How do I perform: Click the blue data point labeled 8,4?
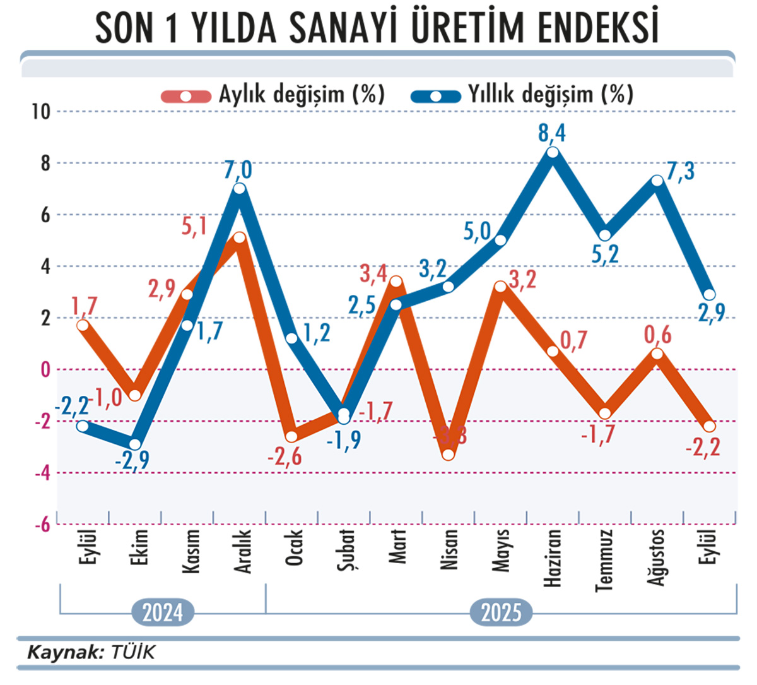(553, 152)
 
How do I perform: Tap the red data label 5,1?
(194, 225)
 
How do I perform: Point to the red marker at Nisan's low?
(449, 454)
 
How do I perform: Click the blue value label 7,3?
(681, 170)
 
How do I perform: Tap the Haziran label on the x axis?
(553, 557)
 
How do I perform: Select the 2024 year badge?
(162, 612)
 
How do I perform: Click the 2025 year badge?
(501, 612)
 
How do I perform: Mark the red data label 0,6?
(657, 335)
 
